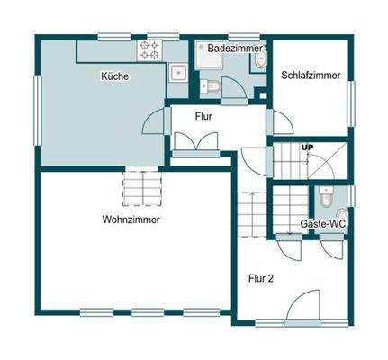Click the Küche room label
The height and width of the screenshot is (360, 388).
pyautogui.click(x=114, y=77)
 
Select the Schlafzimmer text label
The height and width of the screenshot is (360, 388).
pyautogui.click(x=311, y=76)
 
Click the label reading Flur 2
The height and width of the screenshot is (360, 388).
pyautogui.click(x=261, y=278)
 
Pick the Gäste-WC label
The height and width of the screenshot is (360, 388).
pyautogui.click(x=323, y=222)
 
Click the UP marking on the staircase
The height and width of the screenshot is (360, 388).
pyautogui.click(x=307, y=147)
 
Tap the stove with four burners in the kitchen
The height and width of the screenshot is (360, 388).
pyautogui.click(x=150, y=49)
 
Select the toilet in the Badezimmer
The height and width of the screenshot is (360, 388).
pyautogui.click(x=260, y=59)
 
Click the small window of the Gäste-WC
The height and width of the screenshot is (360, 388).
pyautogui.click(x=352, y=194)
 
